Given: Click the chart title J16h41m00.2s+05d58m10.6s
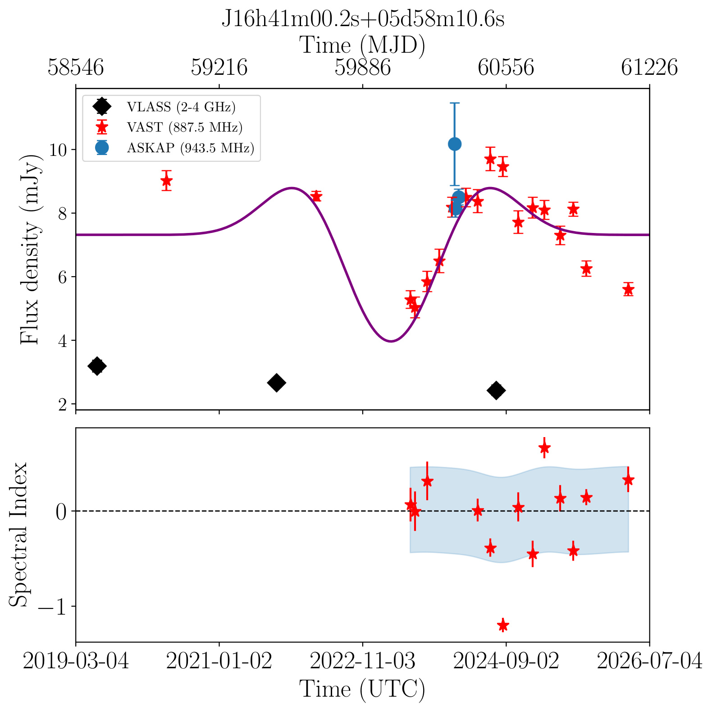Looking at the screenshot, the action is click(x=363, y=19).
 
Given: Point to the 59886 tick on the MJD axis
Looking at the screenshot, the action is click(x=363, y=68).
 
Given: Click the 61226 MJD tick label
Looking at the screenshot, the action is click(x=649, y=68).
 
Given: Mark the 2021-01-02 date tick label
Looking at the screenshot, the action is click(x=219, y=662).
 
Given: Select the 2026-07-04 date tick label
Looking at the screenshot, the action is click(x=649, y=662).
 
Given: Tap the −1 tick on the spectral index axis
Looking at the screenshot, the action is click(x=53, y=607).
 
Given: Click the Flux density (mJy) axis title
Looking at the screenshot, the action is click(x=30, y=249).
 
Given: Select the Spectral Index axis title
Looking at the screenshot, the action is click(x=19, y=534).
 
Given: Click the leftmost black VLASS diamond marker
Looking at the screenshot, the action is click(x=96, y=366).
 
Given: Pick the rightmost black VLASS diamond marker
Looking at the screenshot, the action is click(x=497, y=390).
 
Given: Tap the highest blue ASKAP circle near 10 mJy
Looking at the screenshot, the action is click(x=455, y=144).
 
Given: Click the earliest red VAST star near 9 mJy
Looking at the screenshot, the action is click(x=166, y=181).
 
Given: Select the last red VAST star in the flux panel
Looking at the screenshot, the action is click(x=628, y=289).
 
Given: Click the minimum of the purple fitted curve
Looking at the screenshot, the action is click(x=391, y=341).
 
